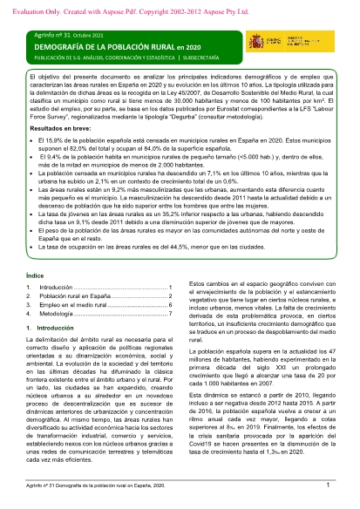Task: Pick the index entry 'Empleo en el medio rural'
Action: (75, 306)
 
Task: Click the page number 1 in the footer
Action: (326, 485)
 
